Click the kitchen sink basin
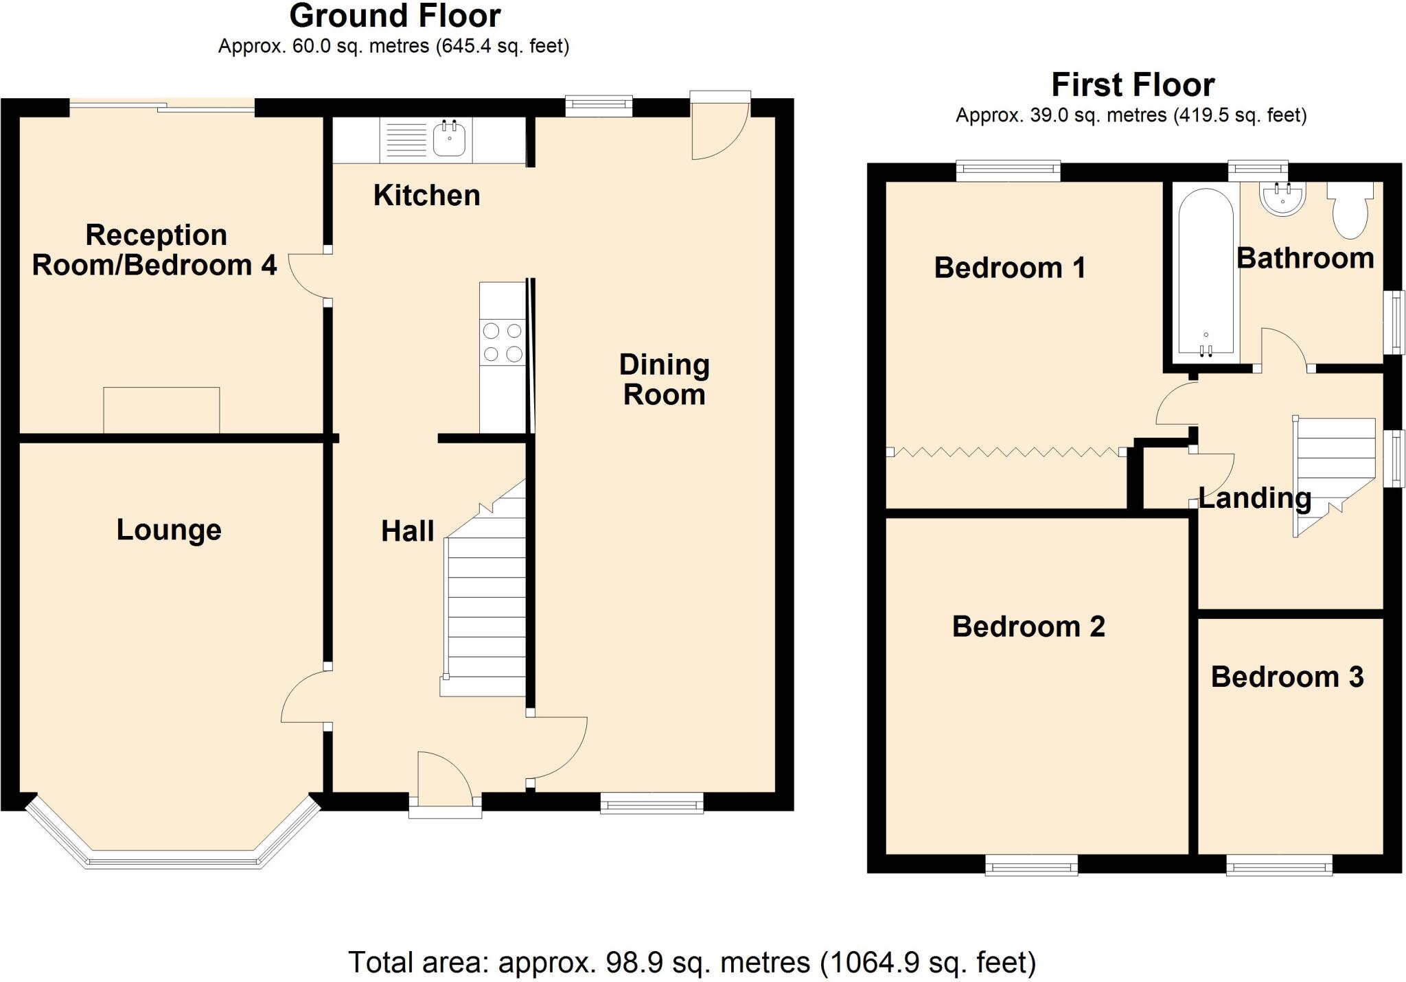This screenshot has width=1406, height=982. (450, 138)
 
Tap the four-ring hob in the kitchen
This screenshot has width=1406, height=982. (503, 342)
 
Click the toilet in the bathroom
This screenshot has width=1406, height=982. (1350, 210)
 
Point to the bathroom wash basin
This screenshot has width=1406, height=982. (1282, 199)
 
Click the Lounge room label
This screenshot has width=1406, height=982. (169, 530)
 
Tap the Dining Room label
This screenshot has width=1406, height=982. (664, 379)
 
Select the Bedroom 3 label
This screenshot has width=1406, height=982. (1287, 677)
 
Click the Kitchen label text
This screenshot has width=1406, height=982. (426, 196)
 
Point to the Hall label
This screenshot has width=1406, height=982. (408, 531)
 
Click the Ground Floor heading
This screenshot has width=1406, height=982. (395, 16)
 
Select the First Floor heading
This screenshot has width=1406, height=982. (1133, 85)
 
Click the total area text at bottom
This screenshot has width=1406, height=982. (692, 963)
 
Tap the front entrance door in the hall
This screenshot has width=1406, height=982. (445, 782)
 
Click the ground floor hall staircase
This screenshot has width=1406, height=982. (483, 589)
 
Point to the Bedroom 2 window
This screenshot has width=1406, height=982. (1032, 866)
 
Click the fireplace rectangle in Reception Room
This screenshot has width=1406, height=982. (162, 410)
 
